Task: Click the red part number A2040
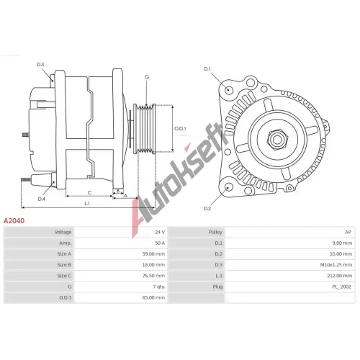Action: pyautogui.click(x=14, y=220)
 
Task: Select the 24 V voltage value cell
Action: pyautogui.click(x=160, y=232)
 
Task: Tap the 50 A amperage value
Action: pyautogui.click(x=160, y=243)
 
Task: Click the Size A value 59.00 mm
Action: pyautogui.click(x=153, y=253)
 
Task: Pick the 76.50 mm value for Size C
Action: pyautogui.click(x=153, y=276)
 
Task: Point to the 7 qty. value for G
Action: pyautogui.click(x=159, y=287)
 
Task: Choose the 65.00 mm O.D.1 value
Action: pyautogui.click(x=153, y=297)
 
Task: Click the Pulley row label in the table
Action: pyautogui.click(x=215, y=232)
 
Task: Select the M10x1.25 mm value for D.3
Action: pyautogui.click(x=336, y=265)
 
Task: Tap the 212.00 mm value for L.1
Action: pyautogui.click(x=340, y=276)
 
